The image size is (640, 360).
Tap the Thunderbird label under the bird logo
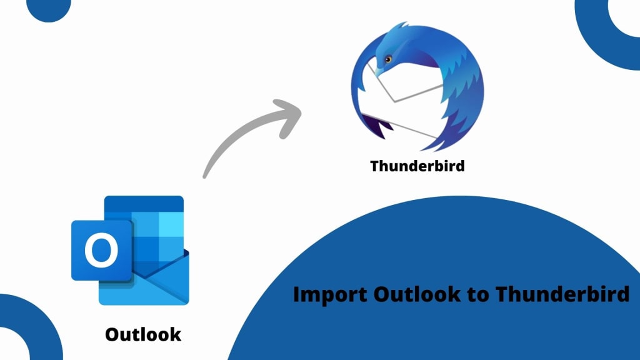(417, 166)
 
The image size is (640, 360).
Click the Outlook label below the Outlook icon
(143, 334)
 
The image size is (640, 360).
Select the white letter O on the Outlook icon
(101, 250)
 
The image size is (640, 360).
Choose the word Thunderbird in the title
(562, 294)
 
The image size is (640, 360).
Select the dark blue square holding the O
(101, 250)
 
